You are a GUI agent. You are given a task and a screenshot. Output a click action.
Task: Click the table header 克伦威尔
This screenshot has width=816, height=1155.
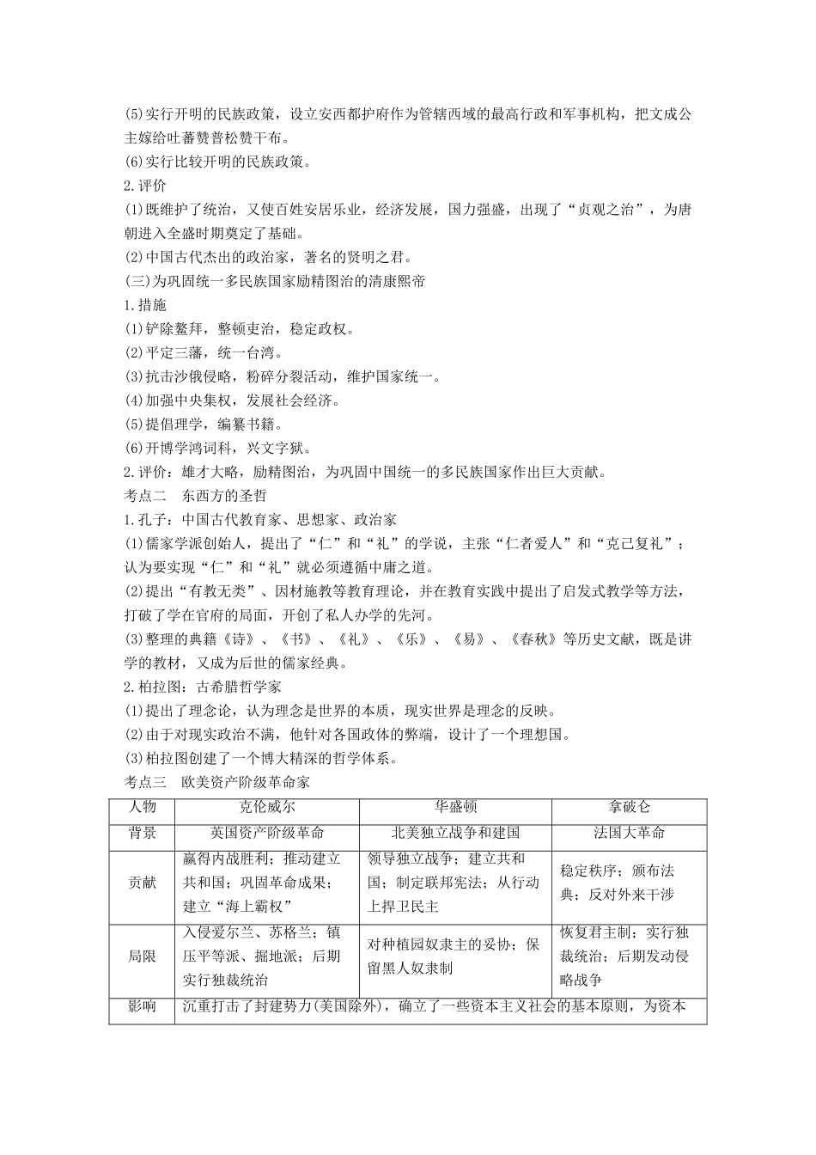tap(266, 808)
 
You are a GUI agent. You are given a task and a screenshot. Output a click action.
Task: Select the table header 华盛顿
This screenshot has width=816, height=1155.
tap(455, 808)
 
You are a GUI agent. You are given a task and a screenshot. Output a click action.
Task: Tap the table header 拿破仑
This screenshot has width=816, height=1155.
tap(629, 808)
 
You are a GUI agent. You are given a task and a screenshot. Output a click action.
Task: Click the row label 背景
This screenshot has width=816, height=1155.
tap(142, 833)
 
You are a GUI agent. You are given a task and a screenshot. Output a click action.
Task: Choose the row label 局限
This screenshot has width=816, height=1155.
tap(142, 956)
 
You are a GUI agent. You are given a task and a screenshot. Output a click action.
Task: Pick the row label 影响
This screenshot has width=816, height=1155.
tap(142, 1006)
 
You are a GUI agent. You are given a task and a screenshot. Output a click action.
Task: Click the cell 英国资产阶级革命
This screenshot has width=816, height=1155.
tap(266, 833)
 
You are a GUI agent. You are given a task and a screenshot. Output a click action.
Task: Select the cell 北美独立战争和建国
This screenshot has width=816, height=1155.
tap(455, 833)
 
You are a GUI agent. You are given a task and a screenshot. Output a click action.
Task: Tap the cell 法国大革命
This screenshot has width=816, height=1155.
tap(629, 833)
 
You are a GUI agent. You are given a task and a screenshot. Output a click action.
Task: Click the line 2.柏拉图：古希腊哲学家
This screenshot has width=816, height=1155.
tap(203, 687)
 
